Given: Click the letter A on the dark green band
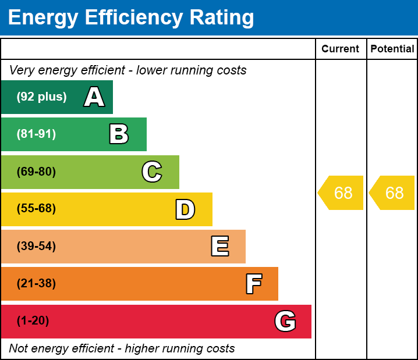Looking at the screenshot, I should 94,97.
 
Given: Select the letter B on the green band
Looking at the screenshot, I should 119,134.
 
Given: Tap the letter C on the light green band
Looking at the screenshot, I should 152,172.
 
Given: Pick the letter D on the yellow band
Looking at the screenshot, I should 185,209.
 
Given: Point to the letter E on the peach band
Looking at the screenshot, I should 219,247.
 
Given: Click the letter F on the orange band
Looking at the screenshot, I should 253,284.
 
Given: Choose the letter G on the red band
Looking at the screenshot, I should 285,321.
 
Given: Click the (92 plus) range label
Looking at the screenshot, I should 41,97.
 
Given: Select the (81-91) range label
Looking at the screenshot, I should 36,134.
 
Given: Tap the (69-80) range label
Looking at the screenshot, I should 36,172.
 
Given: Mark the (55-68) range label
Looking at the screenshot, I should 36,209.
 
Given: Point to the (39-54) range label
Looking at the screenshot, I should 36,247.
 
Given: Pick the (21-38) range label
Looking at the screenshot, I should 36,284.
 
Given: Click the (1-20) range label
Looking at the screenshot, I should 33,321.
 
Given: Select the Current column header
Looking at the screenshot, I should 341,49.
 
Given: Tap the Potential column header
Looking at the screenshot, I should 392,49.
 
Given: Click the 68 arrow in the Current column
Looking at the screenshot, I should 342,193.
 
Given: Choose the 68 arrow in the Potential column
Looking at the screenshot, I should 393,193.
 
